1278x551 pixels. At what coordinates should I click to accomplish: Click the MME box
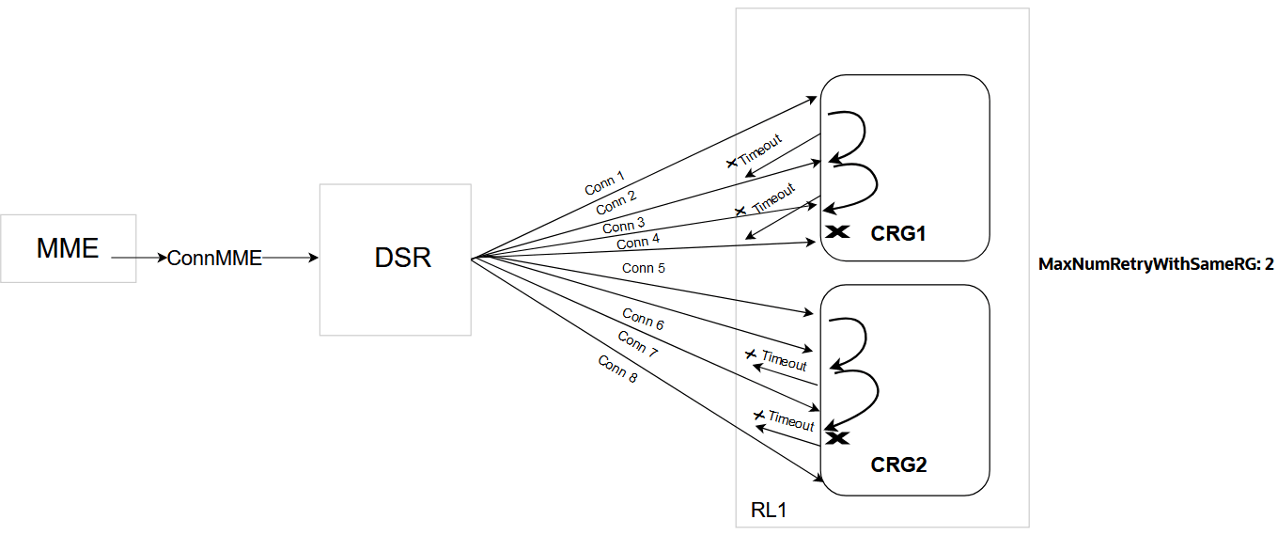[68, 248]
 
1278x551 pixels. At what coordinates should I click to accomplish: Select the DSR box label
[403, 258]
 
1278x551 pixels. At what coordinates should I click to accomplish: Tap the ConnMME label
[214, 258]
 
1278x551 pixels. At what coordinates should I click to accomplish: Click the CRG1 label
[898, 233]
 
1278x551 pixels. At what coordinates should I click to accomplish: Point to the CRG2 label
[898, 464]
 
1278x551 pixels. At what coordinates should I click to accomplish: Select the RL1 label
[769, 511]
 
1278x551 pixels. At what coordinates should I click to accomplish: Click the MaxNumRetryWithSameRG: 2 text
[1155, 264]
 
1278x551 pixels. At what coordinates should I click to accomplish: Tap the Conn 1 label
[604, 183]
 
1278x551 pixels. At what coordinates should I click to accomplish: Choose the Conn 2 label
[616, 202]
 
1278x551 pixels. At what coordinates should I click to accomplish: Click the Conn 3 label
[624, 226]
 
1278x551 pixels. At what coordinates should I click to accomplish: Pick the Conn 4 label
[638, 243]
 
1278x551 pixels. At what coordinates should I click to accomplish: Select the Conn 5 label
[644, 268]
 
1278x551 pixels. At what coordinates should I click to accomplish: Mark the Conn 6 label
[643, 318]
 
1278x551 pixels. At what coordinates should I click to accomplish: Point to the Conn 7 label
[637, 344]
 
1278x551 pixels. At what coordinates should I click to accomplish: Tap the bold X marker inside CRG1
[836, 231]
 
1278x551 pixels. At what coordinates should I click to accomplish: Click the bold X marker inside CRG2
[836, 437]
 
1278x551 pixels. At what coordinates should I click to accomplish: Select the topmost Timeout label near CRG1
[760, 151]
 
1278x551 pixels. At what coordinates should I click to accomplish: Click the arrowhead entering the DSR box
[315, 257]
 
